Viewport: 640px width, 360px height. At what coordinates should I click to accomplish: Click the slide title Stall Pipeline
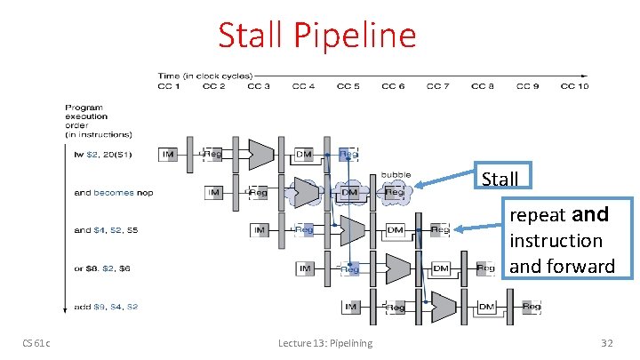tap(317, 36)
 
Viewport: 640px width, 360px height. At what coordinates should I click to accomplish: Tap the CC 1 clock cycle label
tap(169, 86)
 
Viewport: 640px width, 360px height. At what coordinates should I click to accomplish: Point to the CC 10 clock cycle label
tap(573, 86)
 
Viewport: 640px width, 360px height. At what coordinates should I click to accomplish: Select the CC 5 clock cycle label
tap(348, 86)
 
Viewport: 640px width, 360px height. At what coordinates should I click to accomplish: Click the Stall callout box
tap(500, 179)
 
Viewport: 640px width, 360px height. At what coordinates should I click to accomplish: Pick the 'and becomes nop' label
tap(114, 192)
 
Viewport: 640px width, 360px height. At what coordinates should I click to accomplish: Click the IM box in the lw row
tap(169, 154)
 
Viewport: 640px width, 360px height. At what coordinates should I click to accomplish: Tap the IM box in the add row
tap(351, 307)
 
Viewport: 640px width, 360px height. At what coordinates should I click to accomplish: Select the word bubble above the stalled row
tap(396, 174)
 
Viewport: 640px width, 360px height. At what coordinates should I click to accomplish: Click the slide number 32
tap(607, 343)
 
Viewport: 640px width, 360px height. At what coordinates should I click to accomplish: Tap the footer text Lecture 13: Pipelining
tap(325, 343)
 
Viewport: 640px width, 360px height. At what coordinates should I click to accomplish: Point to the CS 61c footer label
tap(36, 343)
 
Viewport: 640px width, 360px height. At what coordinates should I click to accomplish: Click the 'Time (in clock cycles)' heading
tap(204, 76)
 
